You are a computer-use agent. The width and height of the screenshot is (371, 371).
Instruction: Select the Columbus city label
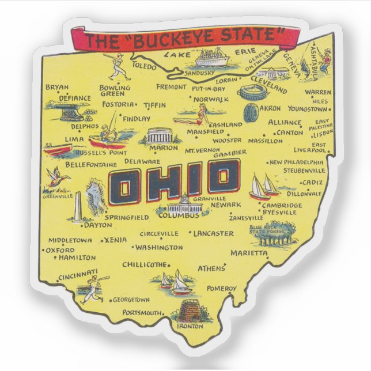(x=179, y=215)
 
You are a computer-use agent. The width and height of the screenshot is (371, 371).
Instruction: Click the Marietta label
(x=249, y=253)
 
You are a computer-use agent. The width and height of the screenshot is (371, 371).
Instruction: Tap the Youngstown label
(x=307, y=108)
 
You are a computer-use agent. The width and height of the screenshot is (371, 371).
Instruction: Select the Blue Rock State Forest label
(x=266, y=230)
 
